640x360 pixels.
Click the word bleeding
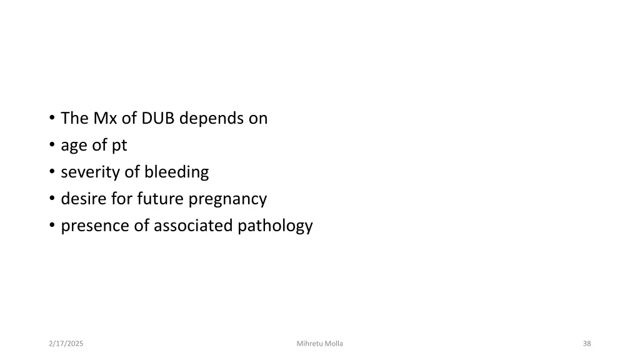[x=176, y=172]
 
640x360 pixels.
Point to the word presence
[x=95, y=226]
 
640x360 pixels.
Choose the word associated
[x=194, y=226]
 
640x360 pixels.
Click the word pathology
[x=276, y=226]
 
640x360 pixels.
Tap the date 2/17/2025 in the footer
[x=66, y=344]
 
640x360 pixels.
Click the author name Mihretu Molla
[x=319, y=344]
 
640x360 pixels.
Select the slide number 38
[x=586, y=344]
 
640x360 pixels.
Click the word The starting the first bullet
[x=74, y=118]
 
